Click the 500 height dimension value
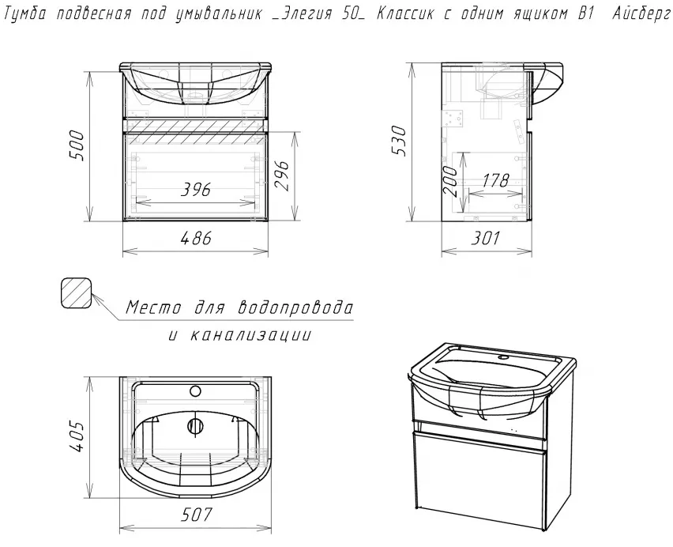(77, 145)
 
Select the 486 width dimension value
(196, 238)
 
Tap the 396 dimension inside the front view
(196, 190)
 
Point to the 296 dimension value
(281, 176)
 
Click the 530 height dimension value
(399, 141)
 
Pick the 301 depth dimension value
(486, 238)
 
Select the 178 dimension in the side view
(496, 180)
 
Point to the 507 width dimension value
(196, 515)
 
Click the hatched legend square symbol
(77, 293)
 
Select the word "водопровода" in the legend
(295, 307)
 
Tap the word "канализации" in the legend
(250, 335)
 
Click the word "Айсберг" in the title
(641, 14)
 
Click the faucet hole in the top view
(195, 391)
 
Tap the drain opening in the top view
(195, 425)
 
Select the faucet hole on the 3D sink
(503, 357)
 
